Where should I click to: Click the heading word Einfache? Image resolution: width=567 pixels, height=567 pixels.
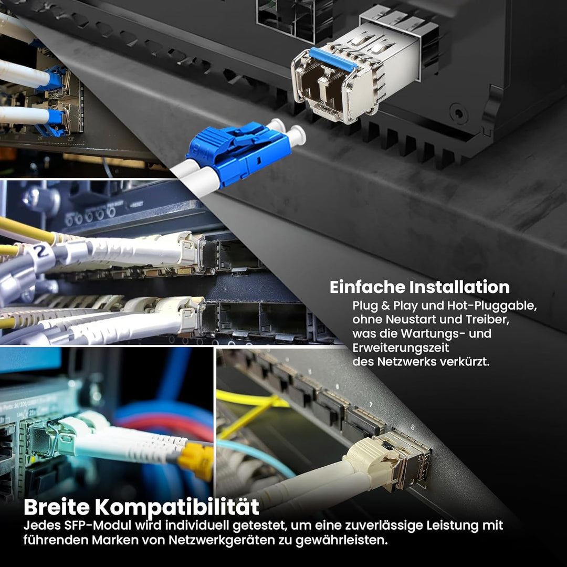[x=367, y=287]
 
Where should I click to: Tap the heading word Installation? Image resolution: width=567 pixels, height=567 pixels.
[x=459, y=287]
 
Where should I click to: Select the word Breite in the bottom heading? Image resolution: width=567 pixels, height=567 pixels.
[x=56, y=507]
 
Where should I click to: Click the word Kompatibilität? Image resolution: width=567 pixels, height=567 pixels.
[x=177, y=508]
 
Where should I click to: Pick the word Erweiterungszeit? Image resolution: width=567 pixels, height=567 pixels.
[x=401, y=348]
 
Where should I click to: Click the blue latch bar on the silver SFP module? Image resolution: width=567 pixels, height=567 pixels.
[x=333, y=59]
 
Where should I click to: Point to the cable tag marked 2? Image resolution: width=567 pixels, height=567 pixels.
[x=43, y=253]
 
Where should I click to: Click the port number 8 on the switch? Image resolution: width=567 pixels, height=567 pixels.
[x=413, y=427]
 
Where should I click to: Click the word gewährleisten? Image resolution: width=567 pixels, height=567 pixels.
[x=342, y=540]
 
